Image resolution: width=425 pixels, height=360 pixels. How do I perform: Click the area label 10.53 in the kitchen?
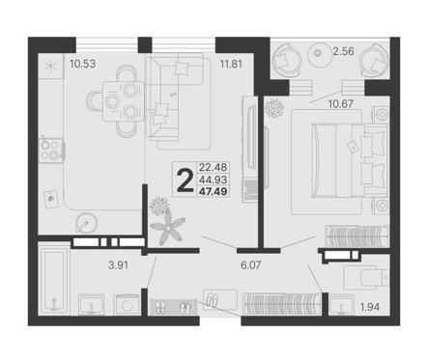tap(83, 64)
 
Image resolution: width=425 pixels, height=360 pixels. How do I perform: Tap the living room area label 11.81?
tap(231, 64)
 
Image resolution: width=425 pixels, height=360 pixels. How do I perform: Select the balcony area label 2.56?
tap(343, 51)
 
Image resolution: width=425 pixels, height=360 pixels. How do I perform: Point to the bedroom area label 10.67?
tap(341, 103)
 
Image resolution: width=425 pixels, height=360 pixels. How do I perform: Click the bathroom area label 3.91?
tap(119, 265)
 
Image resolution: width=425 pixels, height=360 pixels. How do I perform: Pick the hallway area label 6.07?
tap(251, 265)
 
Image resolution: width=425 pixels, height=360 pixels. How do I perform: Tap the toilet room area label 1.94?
tap(370, 307)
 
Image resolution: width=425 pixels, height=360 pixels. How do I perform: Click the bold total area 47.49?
tap(212, 192)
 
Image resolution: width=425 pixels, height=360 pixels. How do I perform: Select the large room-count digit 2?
tap(185, 180)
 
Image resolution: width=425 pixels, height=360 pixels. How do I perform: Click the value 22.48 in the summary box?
tap(213, 167)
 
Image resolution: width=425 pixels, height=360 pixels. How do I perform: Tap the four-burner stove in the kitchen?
tap(51, 150)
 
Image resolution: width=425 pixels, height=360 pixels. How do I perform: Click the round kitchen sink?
tap(86, 223)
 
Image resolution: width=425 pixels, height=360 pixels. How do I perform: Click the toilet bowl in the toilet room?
tap(366, 277)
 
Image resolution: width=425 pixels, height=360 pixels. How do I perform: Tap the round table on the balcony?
tap(318, 53)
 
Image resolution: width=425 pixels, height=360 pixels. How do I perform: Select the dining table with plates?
tap(124, 101)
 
